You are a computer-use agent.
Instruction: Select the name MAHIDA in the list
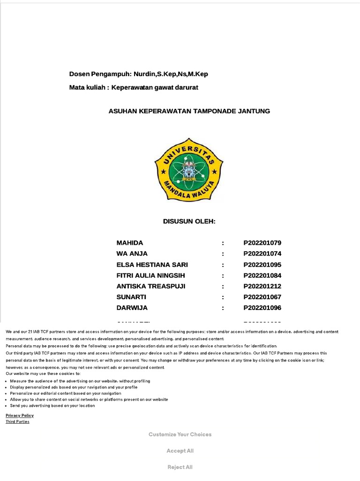(130, 243)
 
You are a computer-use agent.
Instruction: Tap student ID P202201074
(262, 254)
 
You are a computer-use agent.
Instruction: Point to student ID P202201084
(262, 275)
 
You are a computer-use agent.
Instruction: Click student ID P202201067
(262, 297)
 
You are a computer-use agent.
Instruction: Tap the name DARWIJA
(132, 308)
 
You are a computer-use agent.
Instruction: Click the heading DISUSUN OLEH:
(189, 221)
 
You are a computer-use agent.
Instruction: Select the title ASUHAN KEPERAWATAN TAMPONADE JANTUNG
(189, 111)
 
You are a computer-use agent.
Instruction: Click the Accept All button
(180, 451)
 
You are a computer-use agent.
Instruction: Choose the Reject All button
(180, 467)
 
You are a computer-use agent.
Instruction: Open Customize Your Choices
(180, 434)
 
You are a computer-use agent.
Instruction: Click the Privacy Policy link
(20, 416)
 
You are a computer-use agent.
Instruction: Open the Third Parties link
(17, 422)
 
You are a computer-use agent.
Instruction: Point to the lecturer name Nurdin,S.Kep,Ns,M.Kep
(171, 74)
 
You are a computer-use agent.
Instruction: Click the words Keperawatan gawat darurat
(155, 87)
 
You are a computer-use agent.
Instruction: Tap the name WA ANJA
(132, 254)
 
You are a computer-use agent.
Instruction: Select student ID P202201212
(262, 286)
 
